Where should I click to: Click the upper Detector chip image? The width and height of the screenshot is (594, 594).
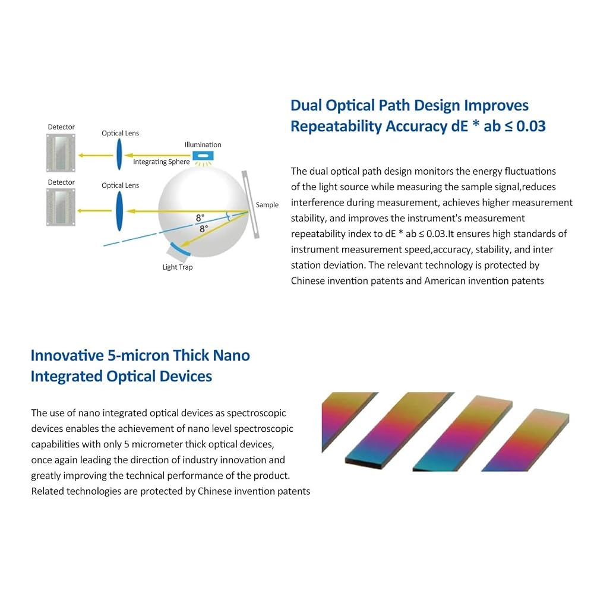[61, 153]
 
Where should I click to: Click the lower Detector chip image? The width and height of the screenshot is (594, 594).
[61, 207]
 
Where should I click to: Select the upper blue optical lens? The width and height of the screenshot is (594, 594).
[119, 154]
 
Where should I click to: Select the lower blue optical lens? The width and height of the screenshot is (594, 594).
[119, 211]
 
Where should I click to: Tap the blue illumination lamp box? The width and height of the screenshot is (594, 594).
[203, 156]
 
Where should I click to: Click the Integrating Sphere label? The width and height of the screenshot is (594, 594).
[162, 162]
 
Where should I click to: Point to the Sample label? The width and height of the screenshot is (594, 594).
[267, 204]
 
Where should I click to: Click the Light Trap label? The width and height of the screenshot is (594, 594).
[178, 267]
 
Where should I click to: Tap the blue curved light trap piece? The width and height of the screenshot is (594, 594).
[179, 249]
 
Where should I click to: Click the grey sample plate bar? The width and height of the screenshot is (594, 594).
[251, 204]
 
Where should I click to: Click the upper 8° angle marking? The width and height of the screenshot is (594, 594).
[200, 218]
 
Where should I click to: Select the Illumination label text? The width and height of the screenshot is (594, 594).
[203, 144]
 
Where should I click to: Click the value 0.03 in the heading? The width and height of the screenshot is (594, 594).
[531, 126]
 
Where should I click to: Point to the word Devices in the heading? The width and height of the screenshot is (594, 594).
[185, 376]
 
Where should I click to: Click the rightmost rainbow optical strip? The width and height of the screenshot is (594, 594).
[525, 440]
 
